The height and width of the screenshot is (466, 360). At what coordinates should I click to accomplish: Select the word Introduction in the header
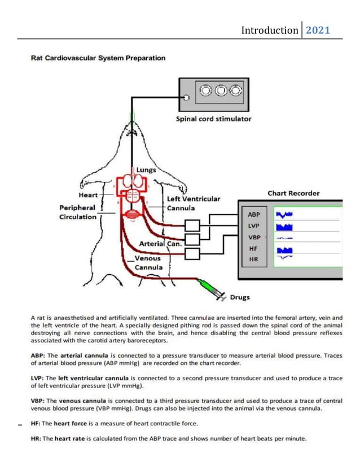(x=270, y=30)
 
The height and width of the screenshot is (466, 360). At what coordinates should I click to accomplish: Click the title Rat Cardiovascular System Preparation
(x=98, y=58)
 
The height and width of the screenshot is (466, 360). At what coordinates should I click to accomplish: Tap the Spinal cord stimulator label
(x=214, y=119)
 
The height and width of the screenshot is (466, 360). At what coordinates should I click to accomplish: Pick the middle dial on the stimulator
(x=221, y=90)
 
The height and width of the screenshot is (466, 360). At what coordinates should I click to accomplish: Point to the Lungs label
(x=146, y=170)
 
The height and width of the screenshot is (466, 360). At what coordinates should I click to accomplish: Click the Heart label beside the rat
(x=88, y=195)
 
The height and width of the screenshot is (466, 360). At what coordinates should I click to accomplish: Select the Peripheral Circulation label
(x=77, y=212)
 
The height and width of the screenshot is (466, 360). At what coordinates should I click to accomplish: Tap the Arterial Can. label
(x=161, y=244)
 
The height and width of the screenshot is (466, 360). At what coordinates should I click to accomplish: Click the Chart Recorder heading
(x=293, y=193)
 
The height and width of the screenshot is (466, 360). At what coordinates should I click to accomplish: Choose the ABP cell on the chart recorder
(x=254, y=214)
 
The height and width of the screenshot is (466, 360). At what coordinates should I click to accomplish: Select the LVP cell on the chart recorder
(x=254, y=226)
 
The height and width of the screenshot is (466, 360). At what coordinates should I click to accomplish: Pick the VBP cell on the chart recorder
(x=254, y=237)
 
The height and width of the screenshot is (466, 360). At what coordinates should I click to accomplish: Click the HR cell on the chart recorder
(x=254, y=260)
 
